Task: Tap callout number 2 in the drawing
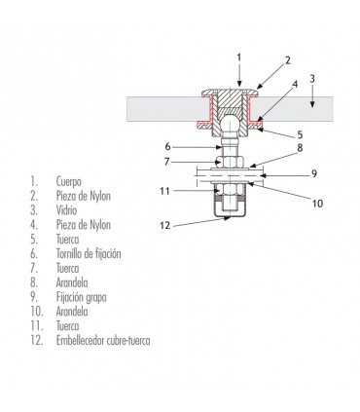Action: coord(288,58)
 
